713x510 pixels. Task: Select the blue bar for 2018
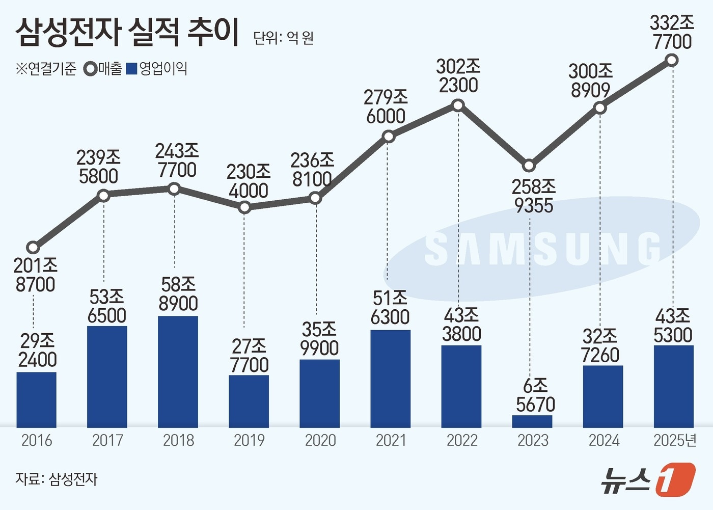click(x=178, y=371)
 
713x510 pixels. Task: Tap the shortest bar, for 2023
click(x=532, y=421)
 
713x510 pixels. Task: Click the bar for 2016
click(x=36, y=399)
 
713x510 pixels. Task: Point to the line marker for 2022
click(x=458, y=105)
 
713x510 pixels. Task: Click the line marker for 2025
click(x=672, y=61)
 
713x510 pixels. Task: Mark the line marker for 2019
click(x=244, y=207)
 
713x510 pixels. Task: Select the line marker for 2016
click(x=33, y=248)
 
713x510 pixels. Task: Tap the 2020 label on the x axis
click(x=320, y=440)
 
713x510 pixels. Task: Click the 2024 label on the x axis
click(x=604, y=440)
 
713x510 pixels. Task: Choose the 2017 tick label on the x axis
click(x=107, y=440)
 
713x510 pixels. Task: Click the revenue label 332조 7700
click(x=672, y=32)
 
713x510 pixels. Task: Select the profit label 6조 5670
click(x=535, y=395)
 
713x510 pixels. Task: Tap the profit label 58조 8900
click(x=178, y=293)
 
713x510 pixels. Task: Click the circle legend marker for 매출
click(x=91, y=69)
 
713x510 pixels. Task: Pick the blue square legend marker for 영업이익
click(x=131, y=69)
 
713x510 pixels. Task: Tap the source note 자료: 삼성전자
click(x=56, y=479)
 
